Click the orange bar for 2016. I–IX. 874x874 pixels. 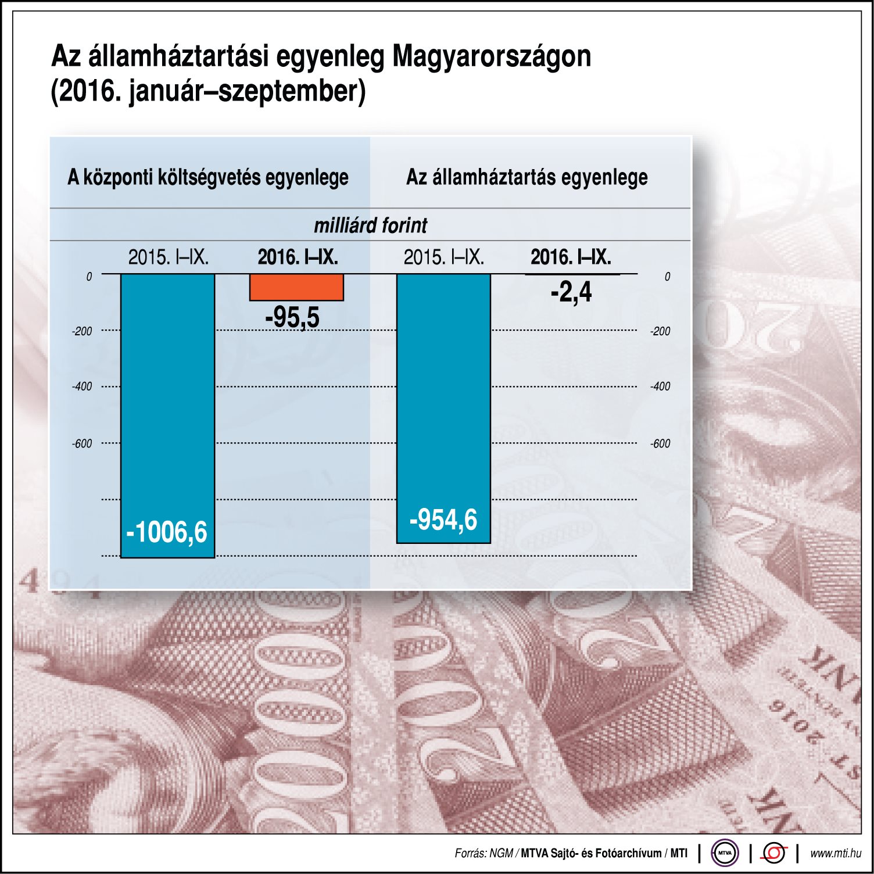click(296, 287)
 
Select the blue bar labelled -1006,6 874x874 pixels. click(167, 407)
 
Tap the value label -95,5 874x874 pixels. click(292, 318)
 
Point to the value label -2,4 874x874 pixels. click(571, 292)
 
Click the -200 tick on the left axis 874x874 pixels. click(82, 331)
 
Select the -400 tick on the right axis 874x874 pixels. click(660, 386)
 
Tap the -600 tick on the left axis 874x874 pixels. click(82, 443)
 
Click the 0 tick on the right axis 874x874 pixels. click(667, 277)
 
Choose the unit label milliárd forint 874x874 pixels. click(370, 225)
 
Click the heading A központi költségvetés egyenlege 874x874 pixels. click(208, 177)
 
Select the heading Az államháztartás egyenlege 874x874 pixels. click(526, 177)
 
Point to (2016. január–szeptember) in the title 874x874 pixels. click(208, 92)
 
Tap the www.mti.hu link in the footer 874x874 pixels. click(835, 853)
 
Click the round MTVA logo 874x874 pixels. click(725, 853)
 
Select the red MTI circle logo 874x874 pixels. click(774, 853)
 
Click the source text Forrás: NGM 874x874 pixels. click(483, 853)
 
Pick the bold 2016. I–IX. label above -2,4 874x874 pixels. click(571, 257)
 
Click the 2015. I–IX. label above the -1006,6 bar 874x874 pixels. click(168, 257)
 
